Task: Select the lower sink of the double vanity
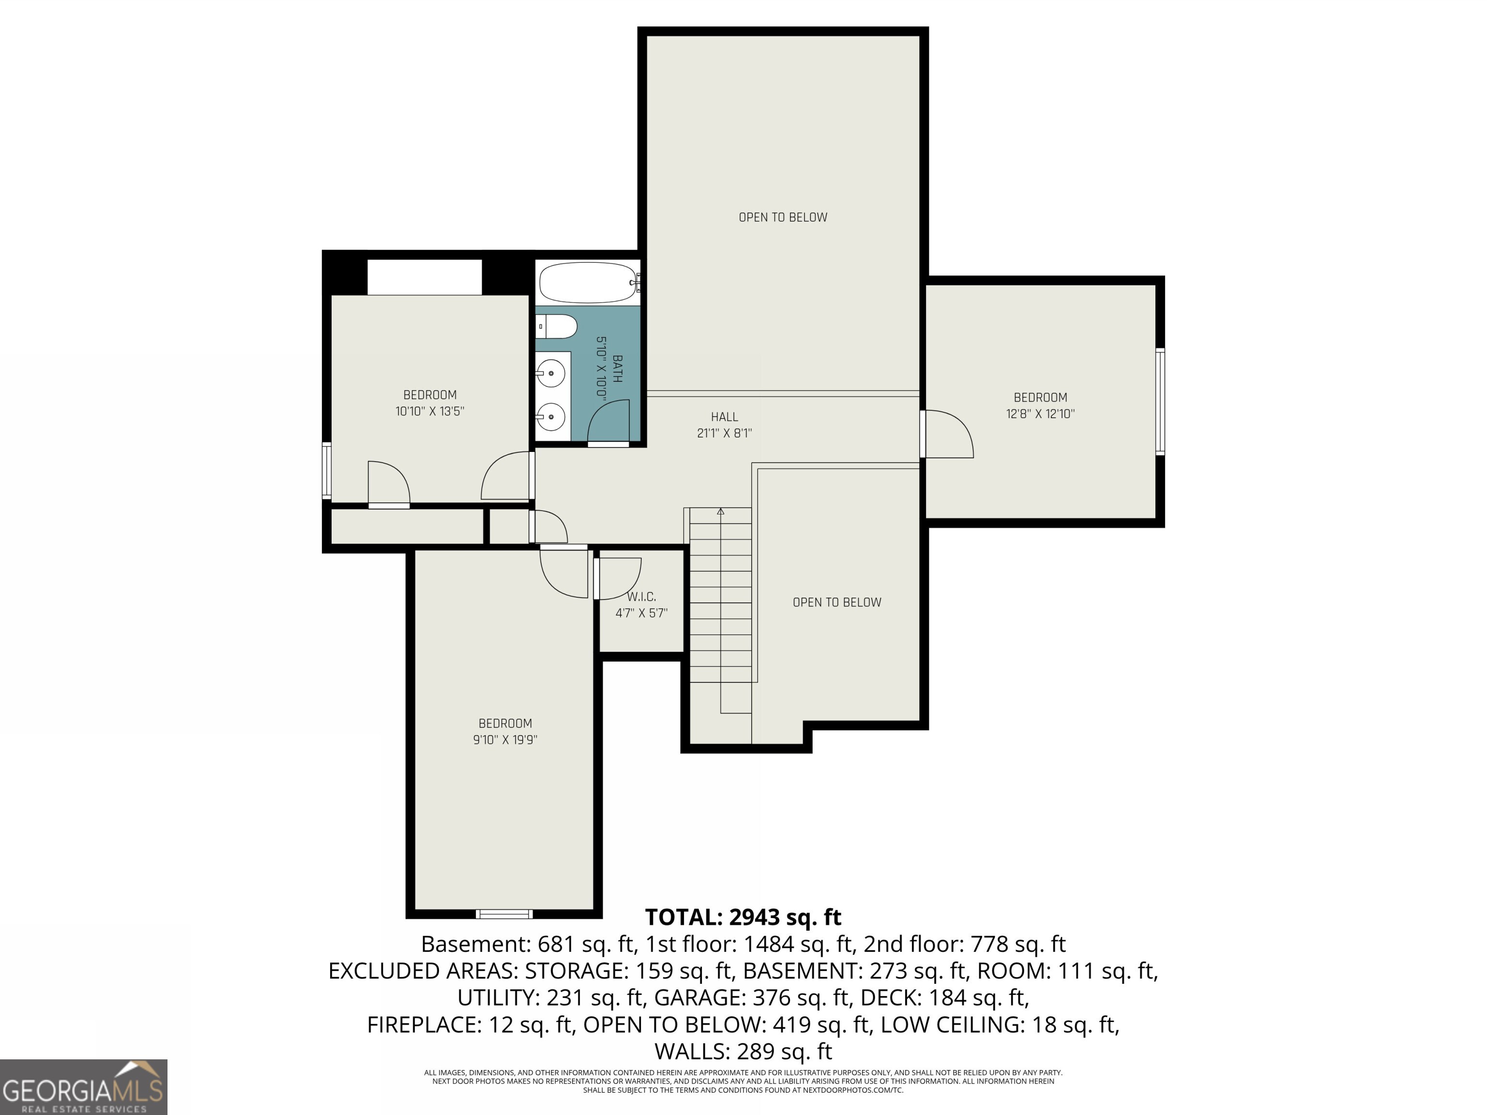point(552,417)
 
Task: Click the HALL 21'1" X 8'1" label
point(724,425)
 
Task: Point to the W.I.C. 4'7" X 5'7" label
point(641,605)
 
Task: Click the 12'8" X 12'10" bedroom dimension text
point(1040,414)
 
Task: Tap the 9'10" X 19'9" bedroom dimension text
point(505,740)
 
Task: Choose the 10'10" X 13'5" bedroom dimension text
point(429,411)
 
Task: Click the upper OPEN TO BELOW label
point(783,217)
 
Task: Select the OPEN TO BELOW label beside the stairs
point(836,602)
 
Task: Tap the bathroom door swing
point(608,422)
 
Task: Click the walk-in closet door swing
point(617,578)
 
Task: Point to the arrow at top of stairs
point(721,512)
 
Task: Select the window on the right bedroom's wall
point(1160,401)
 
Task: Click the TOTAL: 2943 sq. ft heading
point(743,917)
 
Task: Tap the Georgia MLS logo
point(83,1087)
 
